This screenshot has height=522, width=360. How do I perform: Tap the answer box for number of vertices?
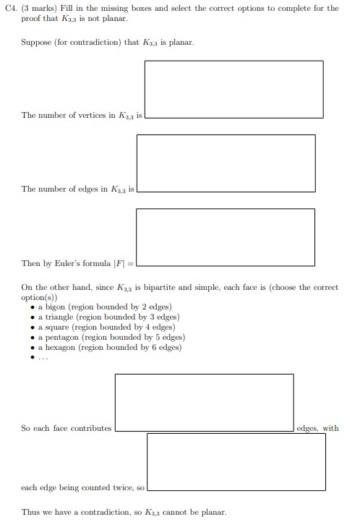[x=233, y=89]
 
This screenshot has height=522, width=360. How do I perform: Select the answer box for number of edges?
[x=226, y=163]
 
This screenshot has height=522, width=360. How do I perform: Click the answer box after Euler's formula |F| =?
[x=226, y=237]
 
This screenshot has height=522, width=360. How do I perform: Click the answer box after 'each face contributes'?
[x=204, y=403]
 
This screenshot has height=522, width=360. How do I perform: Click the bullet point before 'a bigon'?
[x=33, y=307]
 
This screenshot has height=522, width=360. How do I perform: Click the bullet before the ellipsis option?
[x=33, y=358]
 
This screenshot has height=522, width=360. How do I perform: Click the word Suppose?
[x=35, y=42]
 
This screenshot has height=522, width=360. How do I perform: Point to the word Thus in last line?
[x=30, y=512]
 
